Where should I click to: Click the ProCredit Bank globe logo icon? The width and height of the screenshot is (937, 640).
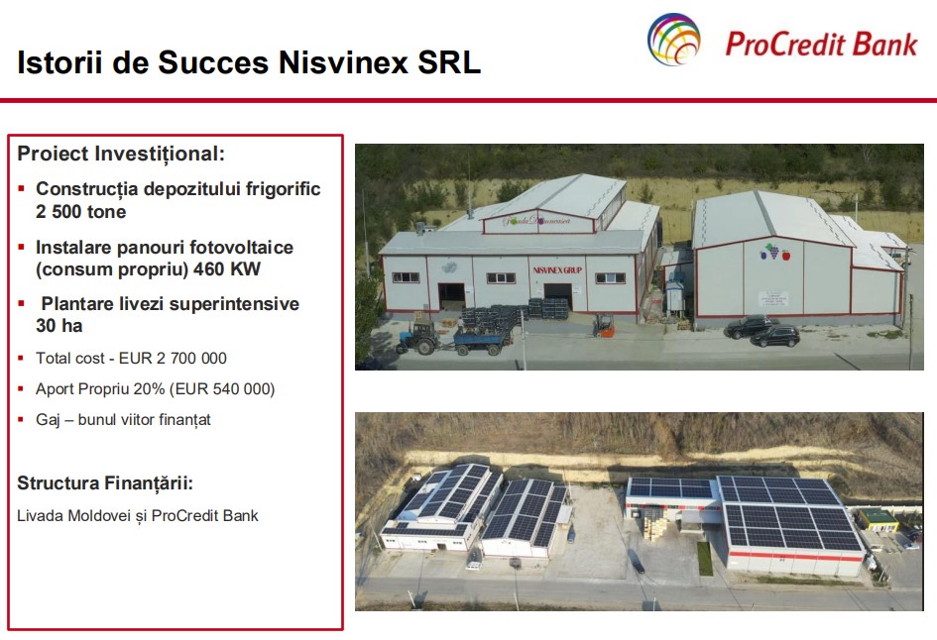click(674, 40)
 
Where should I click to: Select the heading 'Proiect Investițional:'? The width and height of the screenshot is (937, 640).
click(121, 154)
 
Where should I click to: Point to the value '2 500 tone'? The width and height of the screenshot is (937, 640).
click(80, 211)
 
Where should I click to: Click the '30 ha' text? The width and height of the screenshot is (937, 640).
click(59, 326)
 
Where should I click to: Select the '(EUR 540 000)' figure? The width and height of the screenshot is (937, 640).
click(219, 389)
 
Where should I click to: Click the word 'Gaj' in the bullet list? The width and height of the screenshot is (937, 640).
click(49, 420)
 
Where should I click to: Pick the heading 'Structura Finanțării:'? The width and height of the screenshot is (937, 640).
click(105, 483)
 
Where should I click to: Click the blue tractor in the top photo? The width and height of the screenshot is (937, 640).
click(418, 337)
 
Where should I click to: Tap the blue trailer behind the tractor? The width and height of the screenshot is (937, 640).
click(482, 340)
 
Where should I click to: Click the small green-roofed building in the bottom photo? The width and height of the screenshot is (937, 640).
click(878, 518)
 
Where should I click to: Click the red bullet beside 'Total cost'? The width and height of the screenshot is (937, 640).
click(22, 359)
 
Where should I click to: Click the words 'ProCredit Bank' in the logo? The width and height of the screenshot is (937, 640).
click(822, 43)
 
